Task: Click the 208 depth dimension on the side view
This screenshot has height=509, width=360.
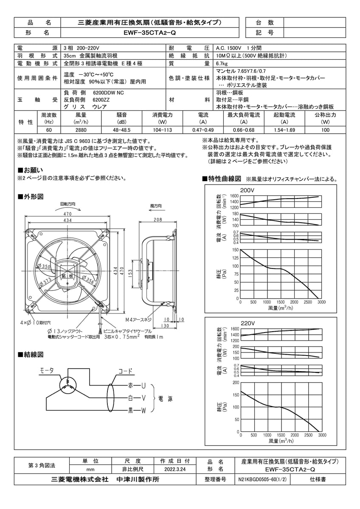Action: click(x=158, y=220)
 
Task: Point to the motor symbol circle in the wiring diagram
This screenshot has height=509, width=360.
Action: click(x=67, y=385)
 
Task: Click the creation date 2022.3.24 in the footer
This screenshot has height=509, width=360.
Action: click(x=175, y=470)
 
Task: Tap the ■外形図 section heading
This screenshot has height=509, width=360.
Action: click(x=30, y=197)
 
